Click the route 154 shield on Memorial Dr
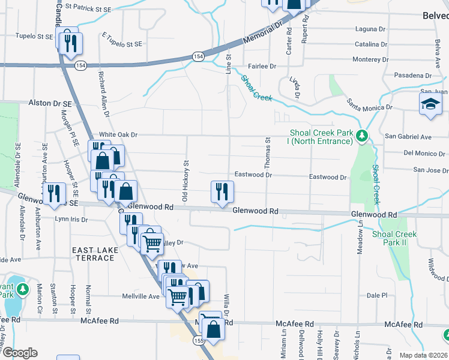coord(197,56)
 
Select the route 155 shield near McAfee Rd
coord(199,340)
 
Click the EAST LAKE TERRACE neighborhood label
coord(93,254)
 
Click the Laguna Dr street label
coord(370,29)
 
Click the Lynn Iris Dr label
coord(71,220)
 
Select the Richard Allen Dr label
coord(103,94)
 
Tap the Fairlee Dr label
coord(261,67)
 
